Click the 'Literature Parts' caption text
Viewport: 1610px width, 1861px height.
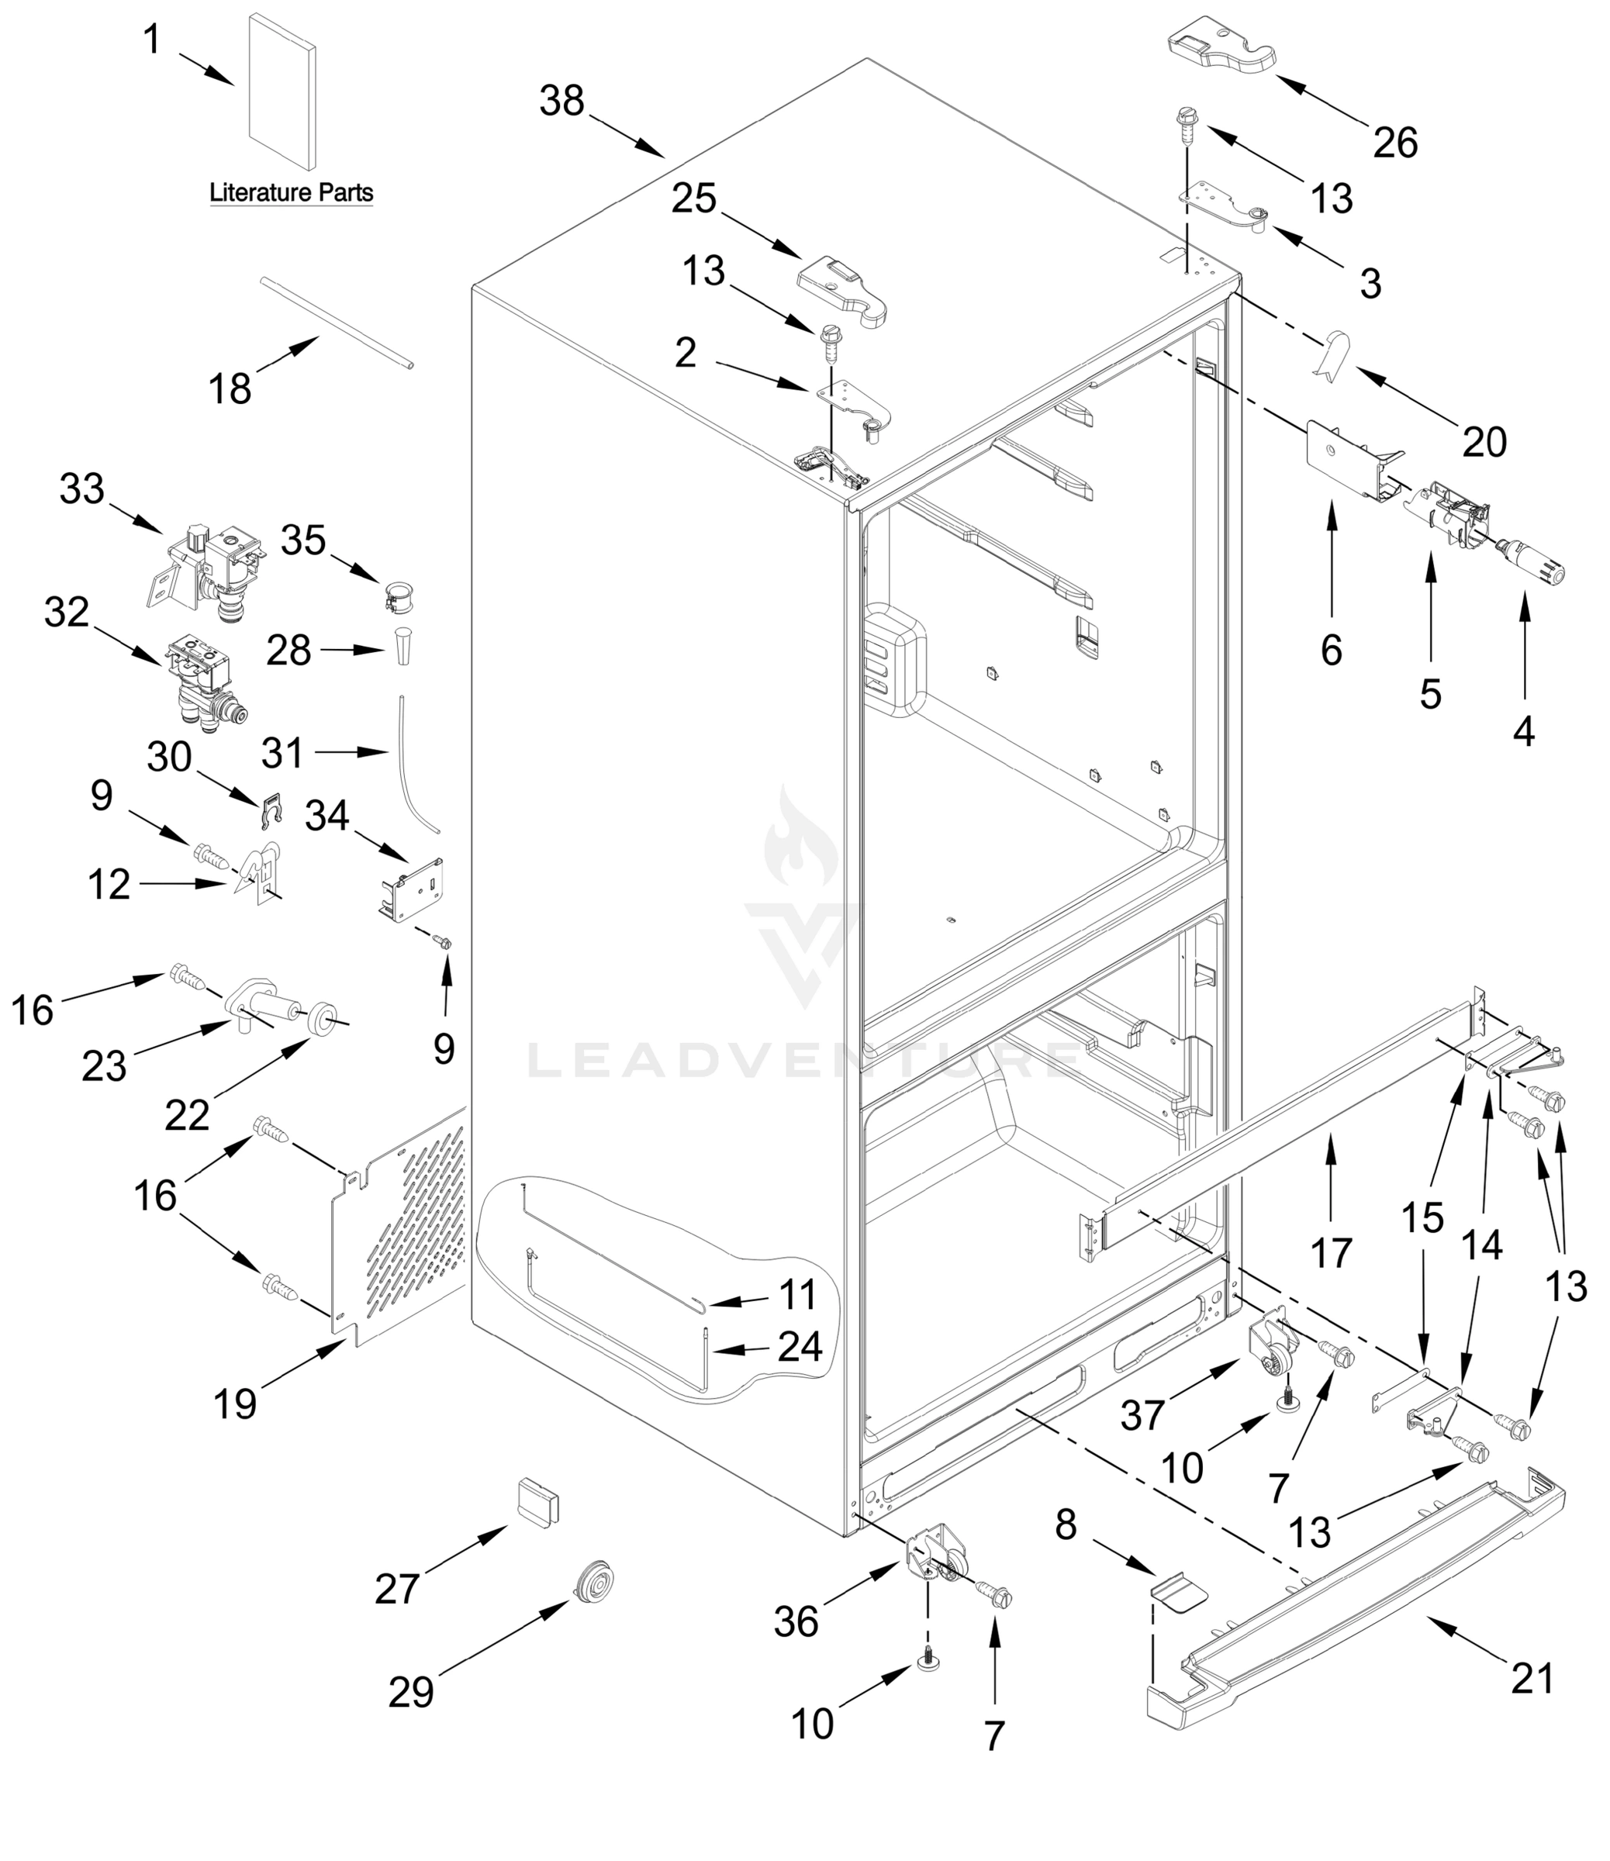tap(291, 192)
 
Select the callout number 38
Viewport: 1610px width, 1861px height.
tap(562, 101)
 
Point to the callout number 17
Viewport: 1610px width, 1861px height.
tap(1331, 1252)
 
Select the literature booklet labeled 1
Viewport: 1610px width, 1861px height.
tap(282, 91)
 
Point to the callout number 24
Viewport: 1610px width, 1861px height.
tap(800, 1346)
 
